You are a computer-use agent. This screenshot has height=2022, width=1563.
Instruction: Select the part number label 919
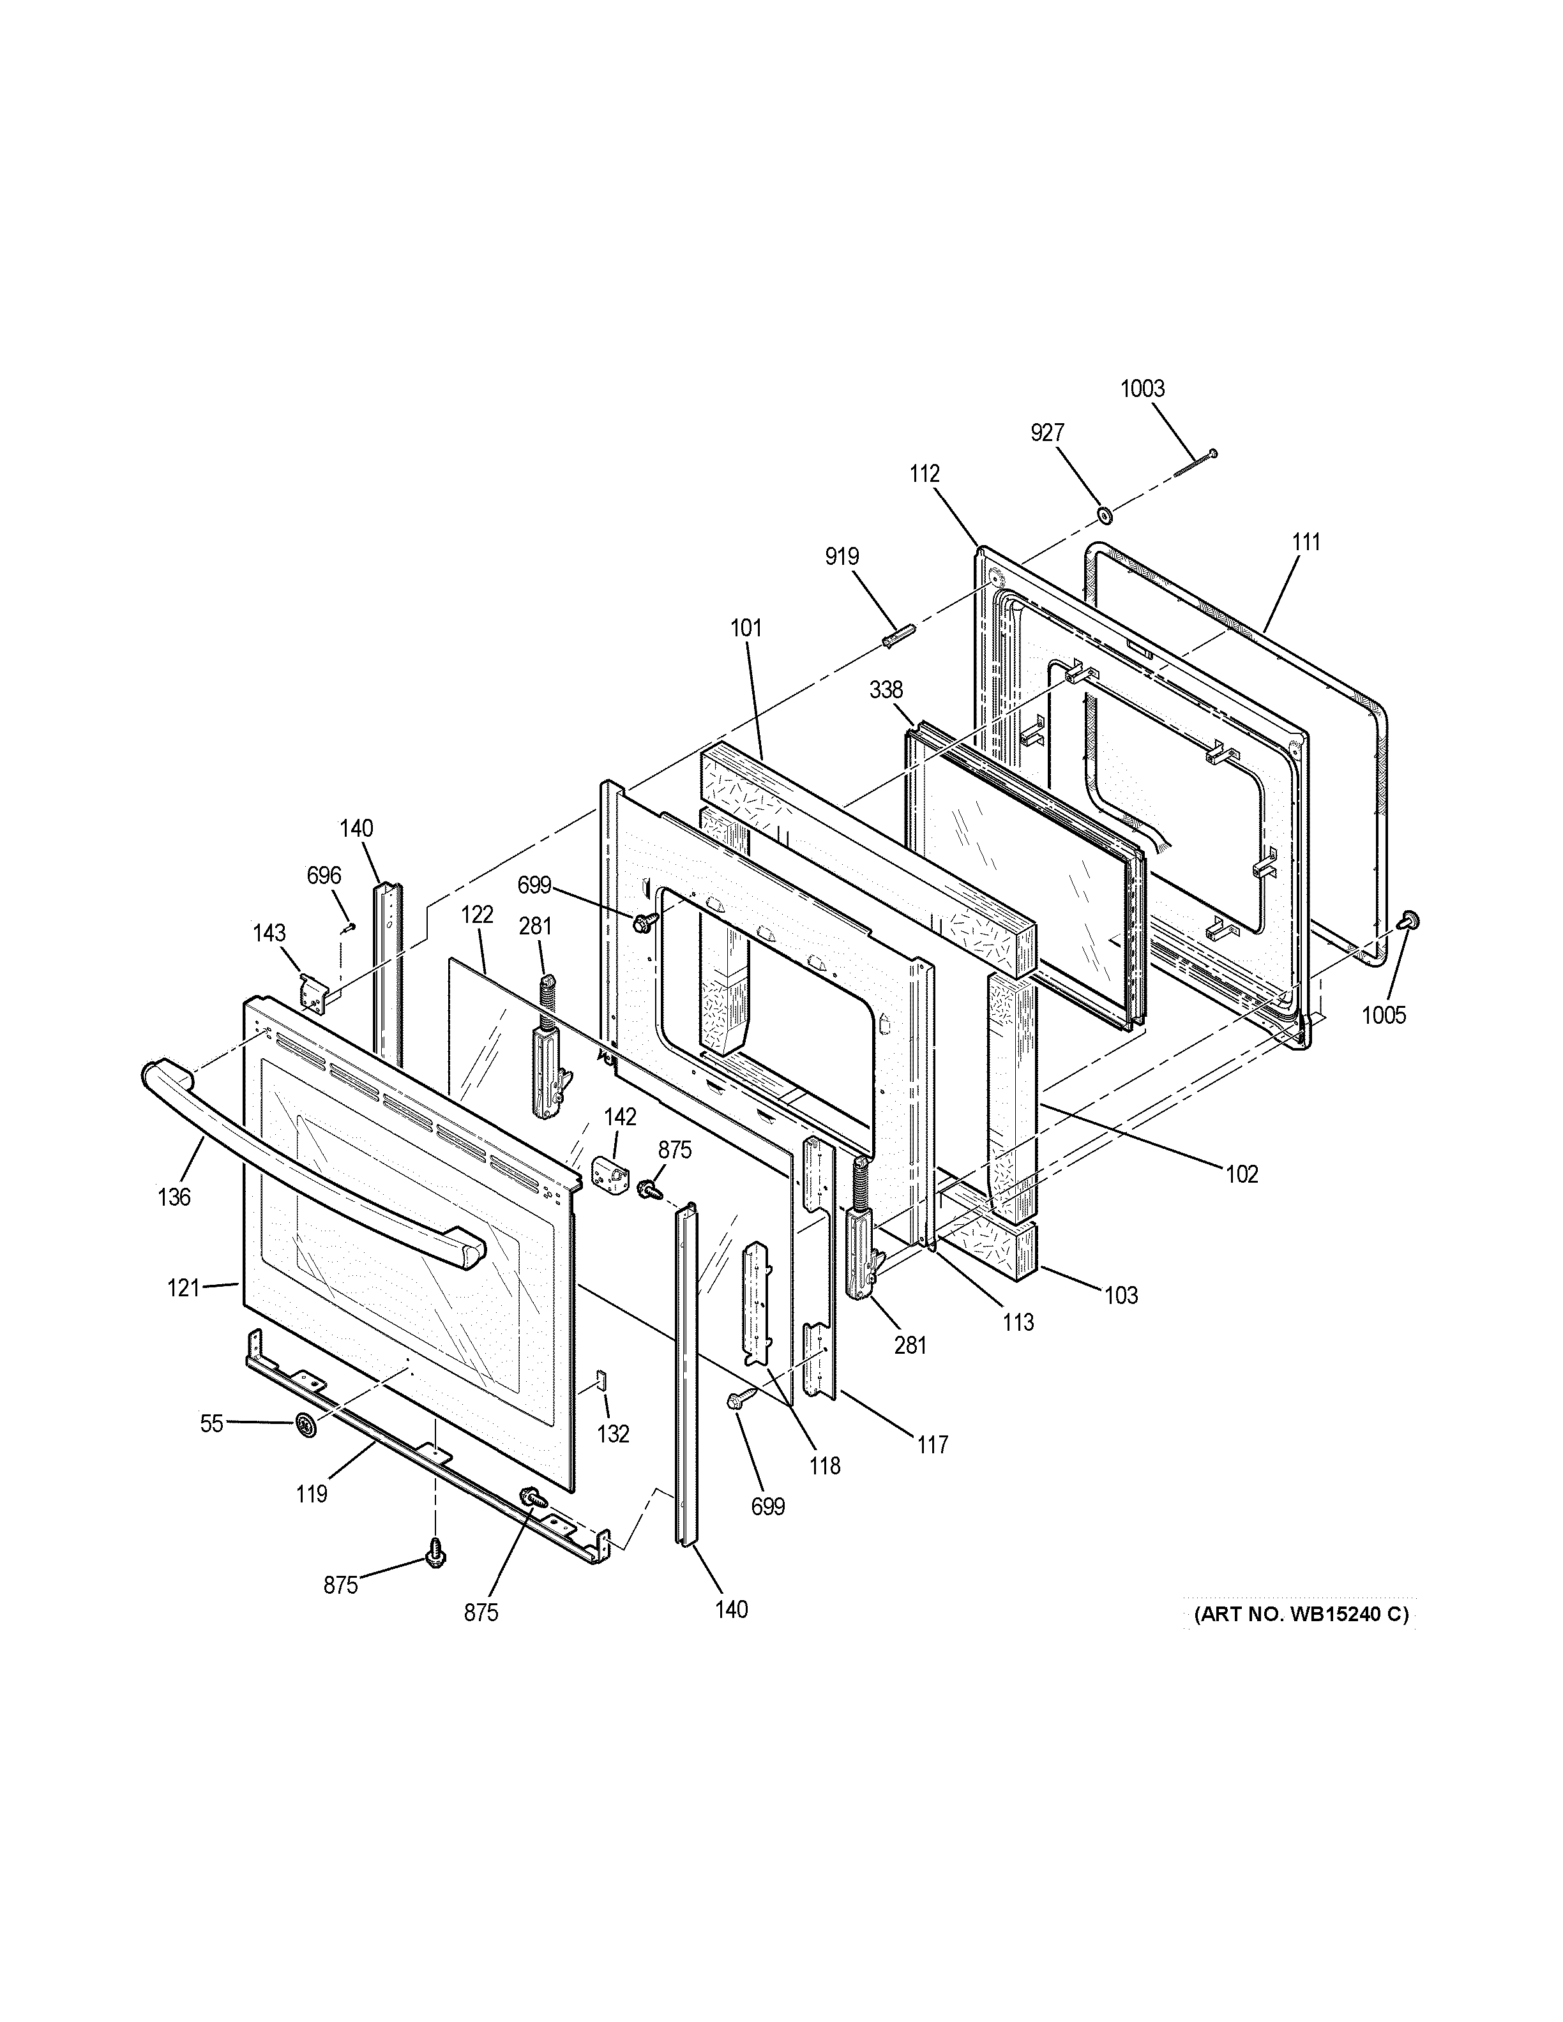point(842,557)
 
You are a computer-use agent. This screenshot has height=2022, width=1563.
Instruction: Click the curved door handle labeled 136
point(306,1169)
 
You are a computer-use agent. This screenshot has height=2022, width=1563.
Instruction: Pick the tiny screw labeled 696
point(349,927)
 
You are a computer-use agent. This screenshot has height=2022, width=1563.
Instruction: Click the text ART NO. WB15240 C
point(1300,1615)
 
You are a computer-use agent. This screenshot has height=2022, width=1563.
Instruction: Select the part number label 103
point(1121,1295)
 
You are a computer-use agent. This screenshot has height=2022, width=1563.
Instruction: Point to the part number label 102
point(1242,1174)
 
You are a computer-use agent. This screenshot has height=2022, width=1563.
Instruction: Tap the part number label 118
point(824,1465)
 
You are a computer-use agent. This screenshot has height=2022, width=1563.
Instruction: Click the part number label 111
point(1306,542)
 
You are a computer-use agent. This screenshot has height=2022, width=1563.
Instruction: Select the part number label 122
point(477,915)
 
